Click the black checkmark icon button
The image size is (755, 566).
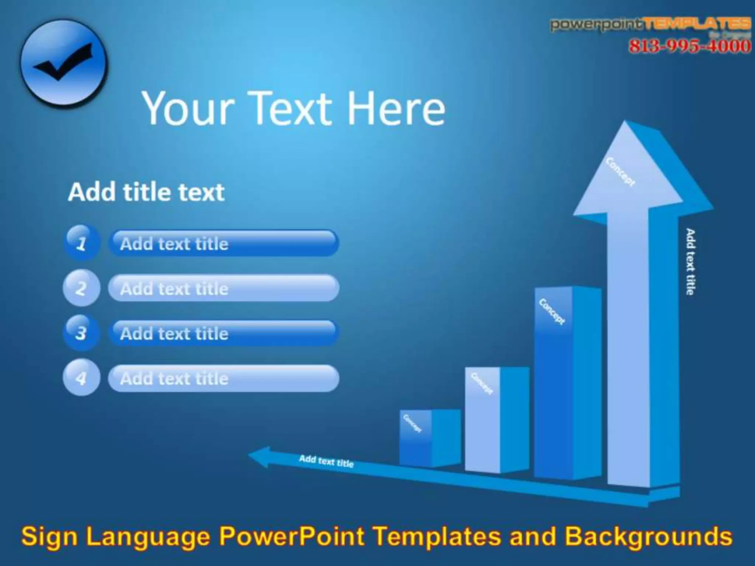tap(63, 63)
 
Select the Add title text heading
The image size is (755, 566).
tap(146, 192)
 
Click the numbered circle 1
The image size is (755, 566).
tap(81, 243)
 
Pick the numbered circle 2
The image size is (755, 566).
tap(81, 288)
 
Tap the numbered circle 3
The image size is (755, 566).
tap(81, 333)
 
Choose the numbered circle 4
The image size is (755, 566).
tap(81, 378)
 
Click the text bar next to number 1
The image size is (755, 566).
tap(223, 243)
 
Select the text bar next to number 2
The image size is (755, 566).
tap(223, 288)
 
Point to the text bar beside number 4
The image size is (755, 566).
tap(223, 378)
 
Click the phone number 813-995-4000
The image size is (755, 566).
tap(689, 46)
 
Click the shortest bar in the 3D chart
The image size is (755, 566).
tap(429, 438)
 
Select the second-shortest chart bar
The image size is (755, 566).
tap(496, 420)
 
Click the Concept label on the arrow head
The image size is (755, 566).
tap(621, 172)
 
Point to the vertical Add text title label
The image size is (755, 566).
tap(690, 261)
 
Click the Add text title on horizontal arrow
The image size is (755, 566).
tap(326, 461)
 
